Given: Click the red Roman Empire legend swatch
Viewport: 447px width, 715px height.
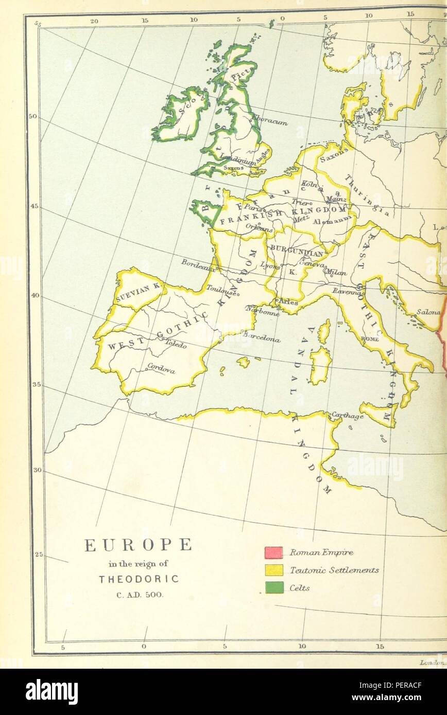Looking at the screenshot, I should (x=274, y=552).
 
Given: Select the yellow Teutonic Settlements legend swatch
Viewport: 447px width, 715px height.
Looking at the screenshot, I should (x=274, y=570).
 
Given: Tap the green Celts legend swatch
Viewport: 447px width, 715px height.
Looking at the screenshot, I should (x=274, y=587).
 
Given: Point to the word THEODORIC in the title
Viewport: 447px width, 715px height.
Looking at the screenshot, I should (x=139, y=579).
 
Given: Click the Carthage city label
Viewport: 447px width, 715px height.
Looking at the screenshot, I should (x=347, y=416).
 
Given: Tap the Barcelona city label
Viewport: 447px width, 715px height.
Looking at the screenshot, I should (x=262, y=339).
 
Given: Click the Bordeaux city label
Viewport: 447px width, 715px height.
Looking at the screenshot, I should (x=197, y=264).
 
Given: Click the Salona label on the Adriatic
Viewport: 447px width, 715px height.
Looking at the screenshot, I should (x=428, y=312).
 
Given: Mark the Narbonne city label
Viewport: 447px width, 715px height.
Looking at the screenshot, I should (x=263, y=312).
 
